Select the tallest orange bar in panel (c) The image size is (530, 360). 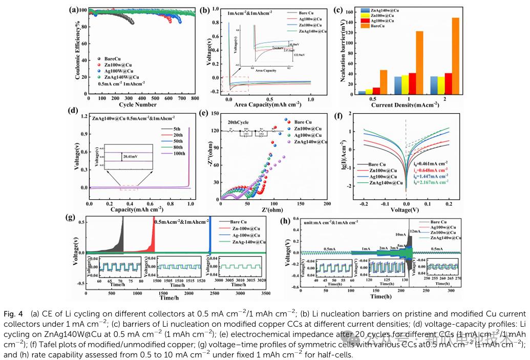[456, 56]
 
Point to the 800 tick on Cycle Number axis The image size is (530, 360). [195, 98]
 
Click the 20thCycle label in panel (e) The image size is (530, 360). [236, 123]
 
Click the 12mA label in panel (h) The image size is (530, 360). [414, 232]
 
